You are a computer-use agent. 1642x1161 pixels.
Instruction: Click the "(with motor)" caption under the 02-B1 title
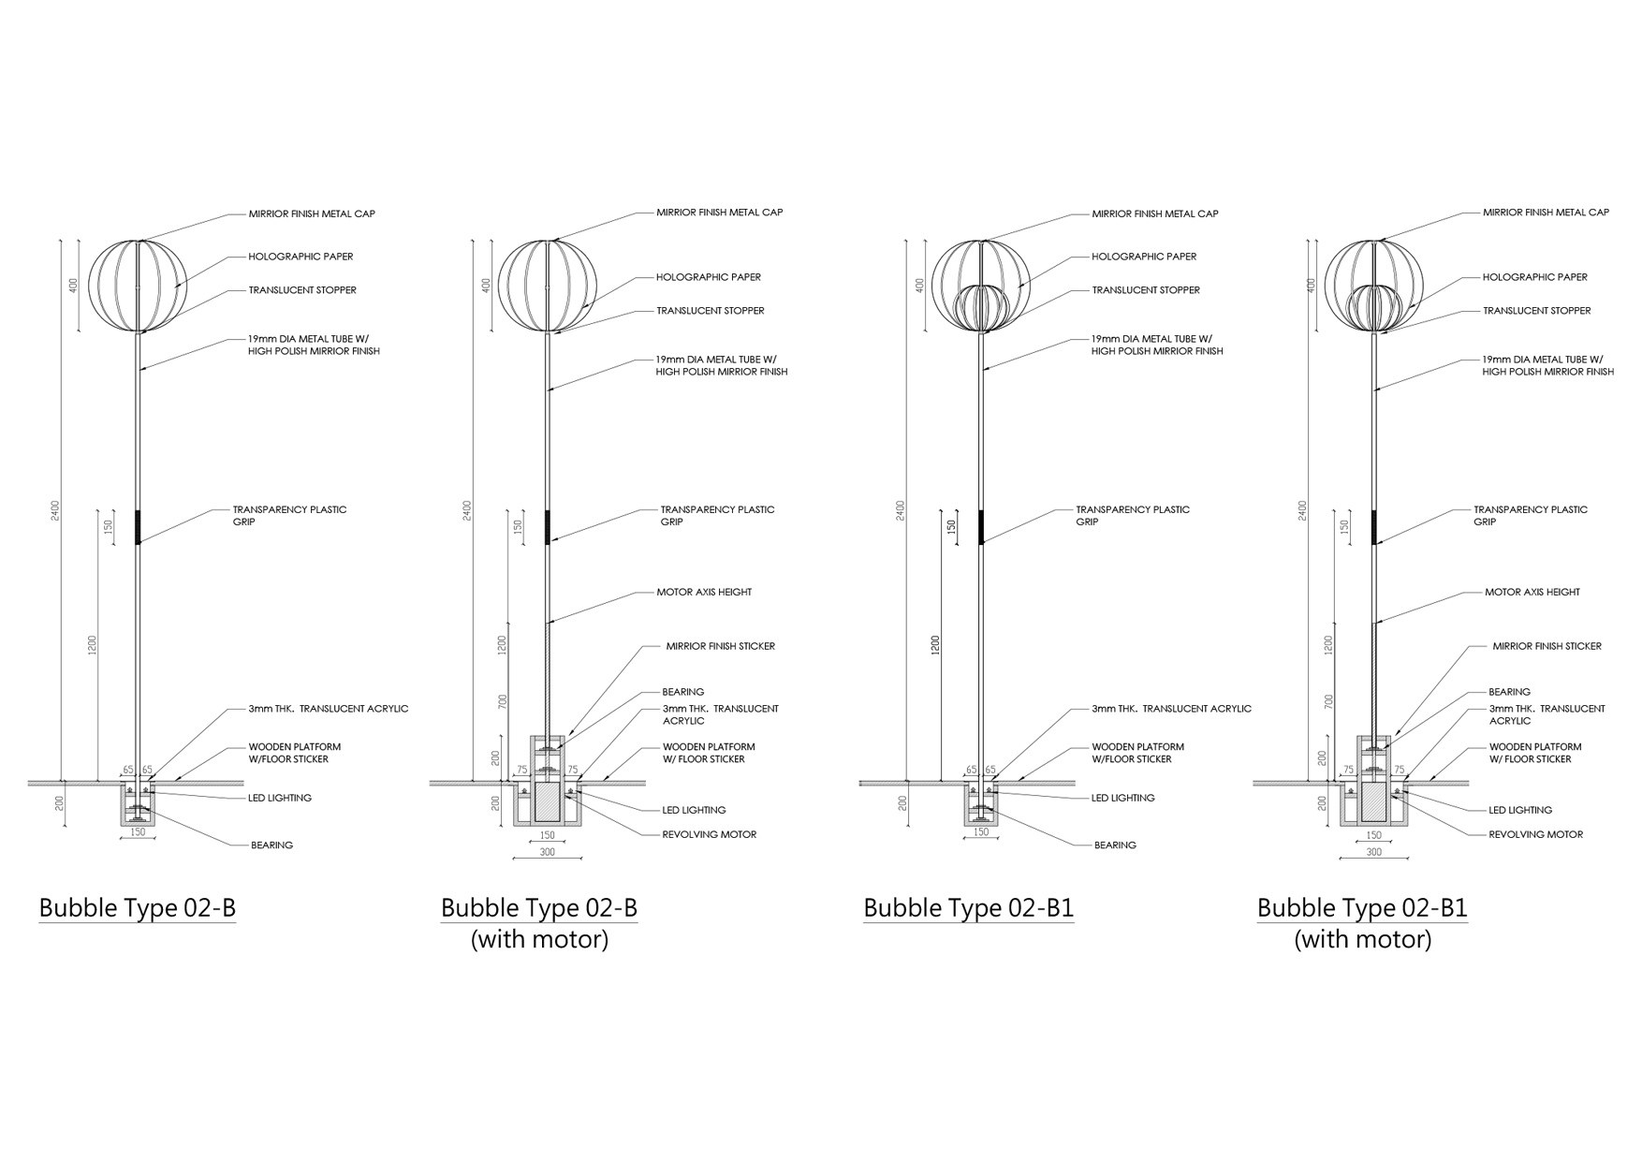tap(1363, 939)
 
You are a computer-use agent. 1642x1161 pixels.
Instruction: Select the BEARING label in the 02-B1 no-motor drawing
tap(1115, 845)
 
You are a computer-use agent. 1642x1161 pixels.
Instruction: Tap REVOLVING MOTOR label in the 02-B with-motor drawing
tap(710, 834)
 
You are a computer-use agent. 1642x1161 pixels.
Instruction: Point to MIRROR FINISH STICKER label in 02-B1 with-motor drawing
tap(1547, 646)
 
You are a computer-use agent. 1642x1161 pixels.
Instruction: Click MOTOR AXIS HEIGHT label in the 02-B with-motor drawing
tap(704, 592)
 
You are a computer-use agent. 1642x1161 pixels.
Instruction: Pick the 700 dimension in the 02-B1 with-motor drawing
tap(1328, 700)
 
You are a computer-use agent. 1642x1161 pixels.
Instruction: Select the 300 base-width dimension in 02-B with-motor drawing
tap(548, 852)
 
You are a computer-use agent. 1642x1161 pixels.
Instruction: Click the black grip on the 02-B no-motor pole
tap(138, 527)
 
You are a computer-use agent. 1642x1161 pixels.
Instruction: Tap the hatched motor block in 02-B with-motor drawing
tap(547, 804)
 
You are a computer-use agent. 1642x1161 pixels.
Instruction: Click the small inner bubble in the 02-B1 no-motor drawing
tap(980, 308)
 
